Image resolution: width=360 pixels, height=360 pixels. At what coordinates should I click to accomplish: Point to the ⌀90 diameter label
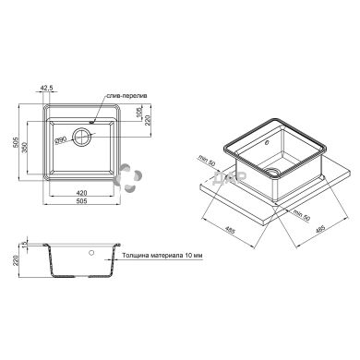pos(60,140)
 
